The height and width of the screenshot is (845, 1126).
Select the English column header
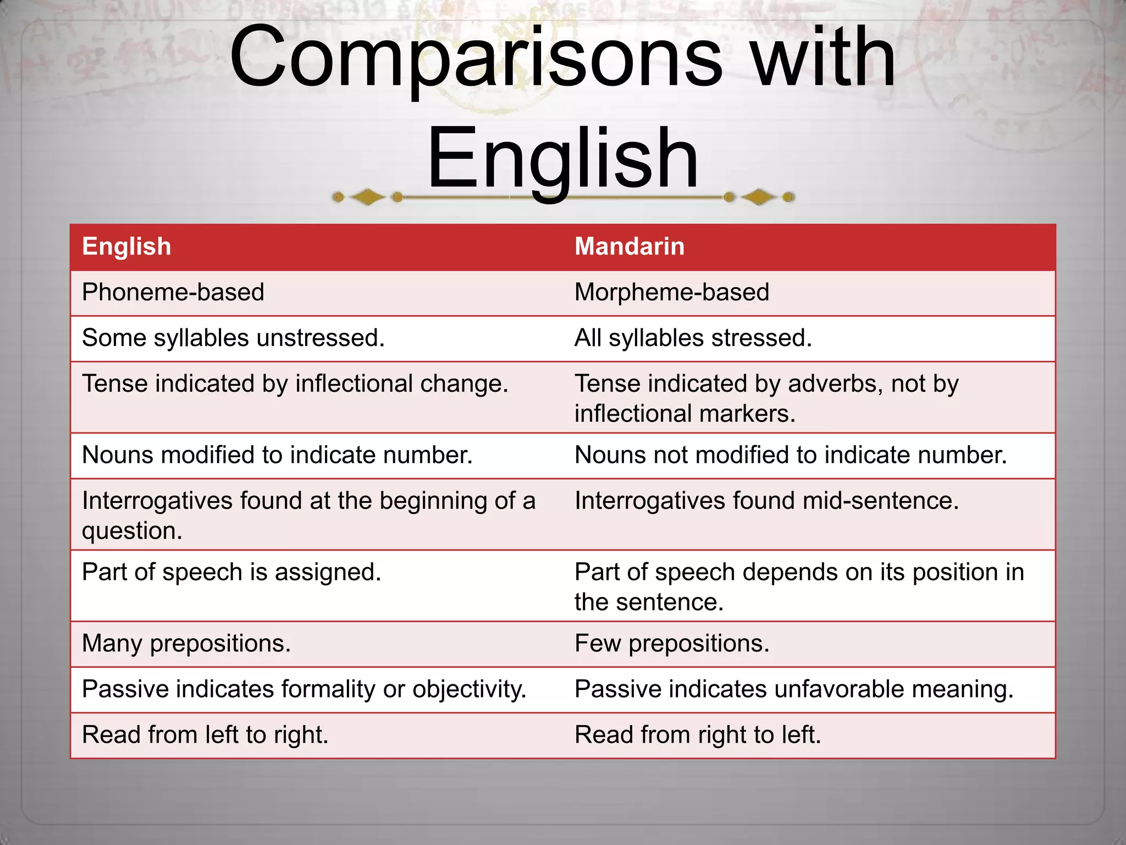click(126, 246)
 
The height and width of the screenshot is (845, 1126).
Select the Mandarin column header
click(630, 246)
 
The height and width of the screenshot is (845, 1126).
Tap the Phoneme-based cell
click(173, 292)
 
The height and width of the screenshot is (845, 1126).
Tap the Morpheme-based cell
click(671, 292)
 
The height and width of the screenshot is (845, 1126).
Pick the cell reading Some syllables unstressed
click(233, 338)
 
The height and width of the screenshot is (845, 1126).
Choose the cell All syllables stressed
click(693, 338)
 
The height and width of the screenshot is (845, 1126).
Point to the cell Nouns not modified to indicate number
click(791, 455)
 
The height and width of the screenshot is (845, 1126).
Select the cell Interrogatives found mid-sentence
click(766, 501)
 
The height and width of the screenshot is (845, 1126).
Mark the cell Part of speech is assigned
click(231, 572)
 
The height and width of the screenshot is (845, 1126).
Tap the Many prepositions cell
click(186, 643)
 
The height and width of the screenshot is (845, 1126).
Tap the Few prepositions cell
click(672, 643)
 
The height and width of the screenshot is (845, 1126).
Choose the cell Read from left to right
click(205, 735)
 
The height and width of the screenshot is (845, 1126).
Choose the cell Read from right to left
click(698, 735)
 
